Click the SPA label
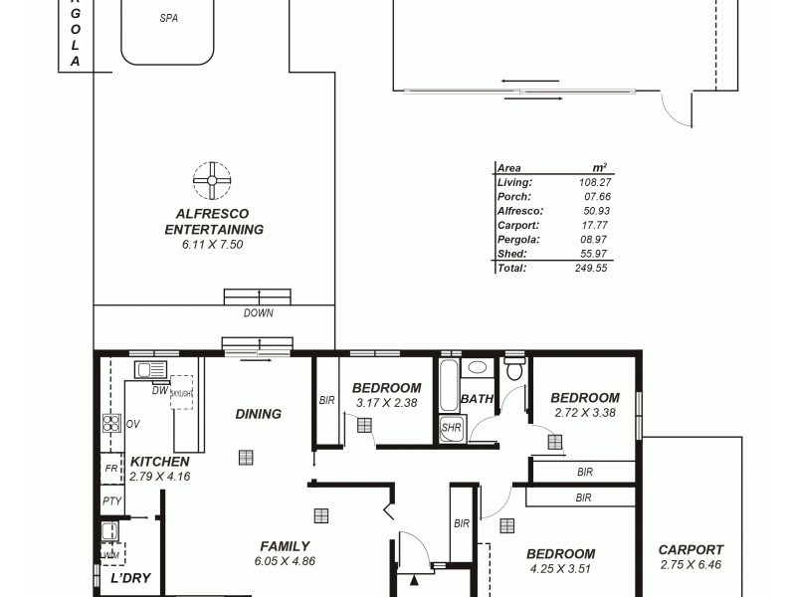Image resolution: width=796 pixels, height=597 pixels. coord(168,19)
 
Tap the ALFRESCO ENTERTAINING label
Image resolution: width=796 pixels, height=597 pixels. coord(213,221)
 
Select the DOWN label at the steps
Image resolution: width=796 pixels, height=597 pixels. coord(258,313)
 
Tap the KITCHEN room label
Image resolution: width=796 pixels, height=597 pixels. coord(159,462)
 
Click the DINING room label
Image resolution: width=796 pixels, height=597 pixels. coord(259,414)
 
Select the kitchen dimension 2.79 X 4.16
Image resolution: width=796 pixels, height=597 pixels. coord(159,477)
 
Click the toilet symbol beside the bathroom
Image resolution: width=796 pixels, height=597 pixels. coord(513,370)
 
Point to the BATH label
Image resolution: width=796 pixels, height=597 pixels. coord(477,400)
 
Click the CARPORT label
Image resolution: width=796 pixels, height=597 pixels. coord(691,549)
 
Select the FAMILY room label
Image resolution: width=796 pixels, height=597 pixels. coord(285,545)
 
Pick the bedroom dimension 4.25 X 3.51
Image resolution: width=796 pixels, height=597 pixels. coord(560,569)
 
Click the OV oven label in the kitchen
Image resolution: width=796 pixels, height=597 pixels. coord(133,424)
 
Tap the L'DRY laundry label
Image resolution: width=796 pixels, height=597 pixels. coord(129,578)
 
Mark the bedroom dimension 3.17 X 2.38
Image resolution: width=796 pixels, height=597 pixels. coord(386,403)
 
